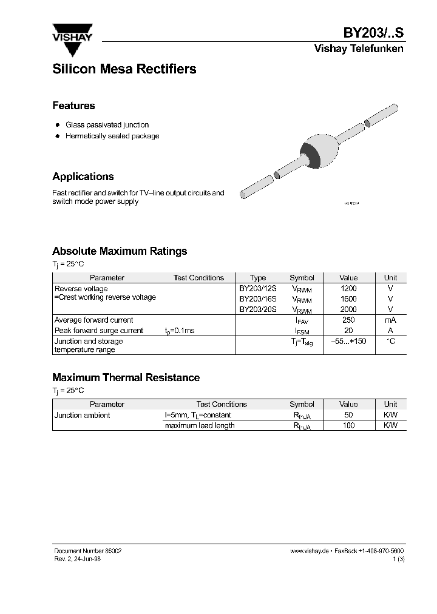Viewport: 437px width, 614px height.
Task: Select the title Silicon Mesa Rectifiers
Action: pos(124,69)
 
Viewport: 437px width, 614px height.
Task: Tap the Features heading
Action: pos(73,106)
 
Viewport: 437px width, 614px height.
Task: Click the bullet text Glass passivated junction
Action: pos(107,124)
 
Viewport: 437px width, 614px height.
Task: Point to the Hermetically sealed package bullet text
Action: pos(112,136)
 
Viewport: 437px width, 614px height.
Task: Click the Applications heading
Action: pos(83,177)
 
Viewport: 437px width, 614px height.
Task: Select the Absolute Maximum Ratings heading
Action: pos(120,251)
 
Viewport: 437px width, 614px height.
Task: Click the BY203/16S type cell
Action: pos(257,299)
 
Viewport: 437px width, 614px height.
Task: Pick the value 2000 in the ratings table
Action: pos(348,309)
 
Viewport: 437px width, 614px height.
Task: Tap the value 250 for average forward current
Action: pos(348,320)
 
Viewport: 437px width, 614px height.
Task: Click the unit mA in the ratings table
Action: pos(390,320)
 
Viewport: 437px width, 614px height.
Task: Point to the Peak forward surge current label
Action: pos(99,331)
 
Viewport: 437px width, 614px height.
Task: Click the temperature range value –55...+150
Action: pos(348,341)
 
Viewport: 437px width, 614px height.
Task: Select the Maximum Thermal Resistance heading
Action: pos(126,377)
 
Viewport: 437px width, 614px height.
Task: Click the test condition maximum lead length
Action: pos(200,425)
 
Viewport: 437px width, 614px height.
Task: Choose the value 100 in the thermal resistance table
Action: pos(348,425)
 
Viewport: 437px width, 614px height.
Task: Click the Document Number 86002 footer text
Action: pos(87,550)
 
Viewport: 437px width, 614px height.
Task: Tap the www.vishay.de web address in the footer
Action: pos(309,550)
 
